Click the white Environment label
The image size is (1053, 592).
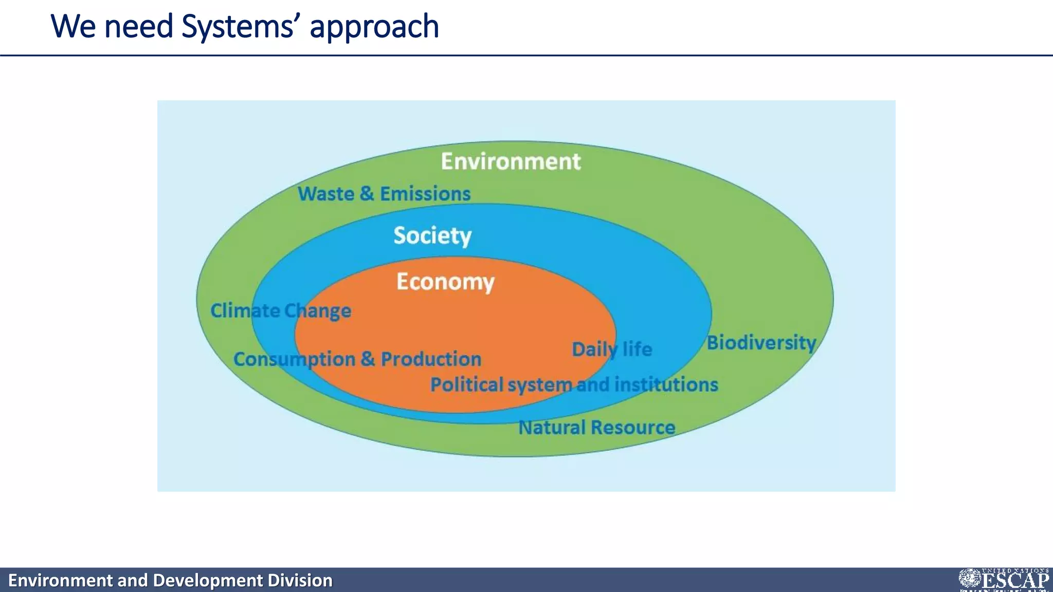pos(511,161)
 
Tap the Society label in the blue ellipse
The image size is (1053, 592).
pos(432,235)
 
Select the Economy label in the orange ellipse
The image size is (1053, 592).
pos(445,282)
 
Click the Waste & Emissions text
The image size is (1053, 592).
pos(384,194)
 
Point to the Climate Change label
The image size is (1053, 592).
pos(281,311)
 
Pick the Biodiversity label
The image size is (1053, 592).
pos(761,343)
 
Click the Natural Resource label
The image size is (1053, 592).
pos(596,428)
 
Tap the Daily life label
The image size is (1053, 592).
pos(612,349)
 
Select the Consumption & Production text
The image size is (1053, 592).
pos(357,359)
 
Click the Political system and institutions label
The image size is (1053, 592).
pos(574,385)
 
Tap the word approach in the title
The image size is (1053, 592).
pos(374,27)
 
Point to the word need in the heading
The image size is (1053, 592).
pos(138,27)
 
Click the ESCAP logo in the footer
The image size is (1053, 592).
pos(1004,580)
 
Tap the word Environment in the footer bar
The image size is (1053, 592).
pos(60,581)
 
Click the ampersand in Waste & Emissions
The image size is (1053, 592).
pos(367,194)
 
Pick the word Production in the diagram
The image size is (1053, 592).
pos(431,359)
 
